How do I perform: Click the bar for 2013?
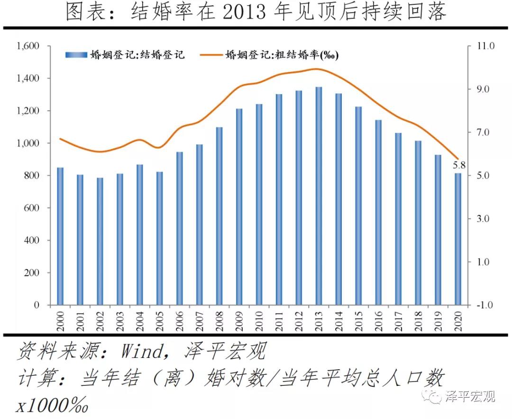point(319,196)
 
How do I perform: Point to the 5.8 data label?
point(458,166)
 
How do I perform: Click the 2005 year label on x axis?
point(160,321)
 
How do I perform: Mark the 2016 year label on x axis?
point(379,321)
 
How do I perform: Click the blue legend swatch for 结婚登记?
point(76,55)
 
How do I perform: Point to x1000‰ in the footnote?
point(52,406)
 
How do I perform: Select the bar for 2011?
point(279,199)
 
